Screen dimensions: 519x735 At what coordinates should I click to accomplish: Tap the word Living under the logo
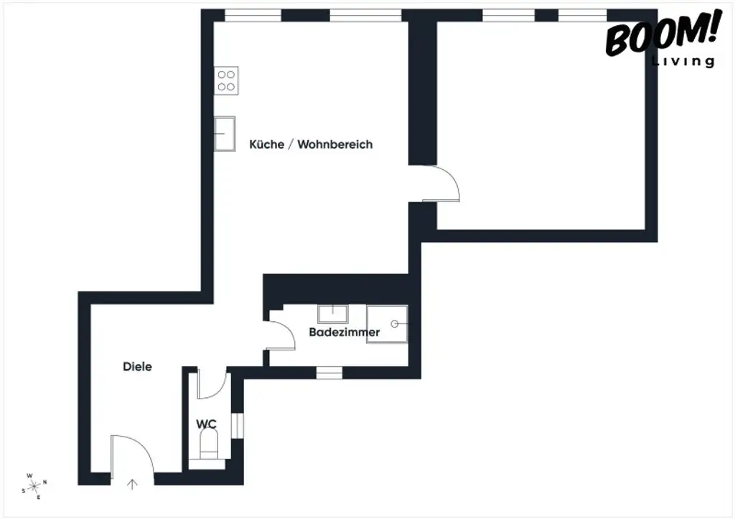683,62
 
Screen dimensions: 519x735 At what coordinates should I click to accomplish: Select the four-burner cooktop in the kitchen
226,80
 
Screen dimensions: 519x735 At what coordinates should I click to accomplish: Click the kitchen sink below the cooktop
225,133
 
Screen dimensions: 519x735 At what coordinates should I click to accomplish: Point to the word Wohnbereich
335,144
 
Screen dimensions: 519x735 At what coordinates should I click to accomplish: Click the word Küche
266,144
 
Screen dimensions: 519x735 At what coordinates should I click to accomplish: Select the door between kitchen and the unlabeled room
440,184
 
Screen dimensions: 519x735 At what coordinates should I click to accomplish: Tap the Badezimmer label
345,333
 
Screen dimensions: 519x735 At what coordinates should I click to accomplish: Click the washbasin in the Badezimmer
332,313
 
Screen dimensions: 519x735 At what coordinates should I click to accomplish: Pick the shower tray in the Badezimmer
387,324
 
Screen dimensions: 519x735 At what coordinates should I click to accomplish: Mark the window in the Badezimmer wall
329,372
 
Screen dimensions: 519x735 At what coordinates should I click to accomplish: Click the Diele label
137,366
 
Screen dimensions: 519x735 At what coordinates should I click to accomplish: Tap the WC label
207,424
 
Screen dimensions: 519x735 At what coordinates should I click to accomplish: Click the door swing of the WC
212,385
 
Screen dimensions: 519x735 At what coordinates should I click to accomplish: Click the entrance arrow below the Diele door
132,484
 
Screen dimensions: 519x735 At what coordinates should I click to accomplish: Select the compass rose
34,486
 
